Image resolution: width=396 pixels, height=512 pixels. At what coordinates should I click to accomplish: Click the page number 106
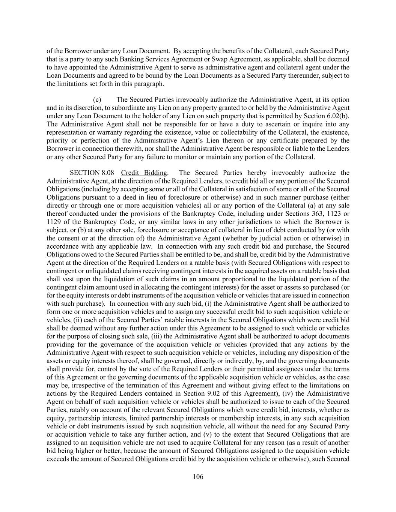pos(198,477)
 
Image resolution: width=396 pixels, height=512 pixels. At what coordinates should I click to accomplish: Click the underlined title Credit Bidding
pos(144,173)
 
